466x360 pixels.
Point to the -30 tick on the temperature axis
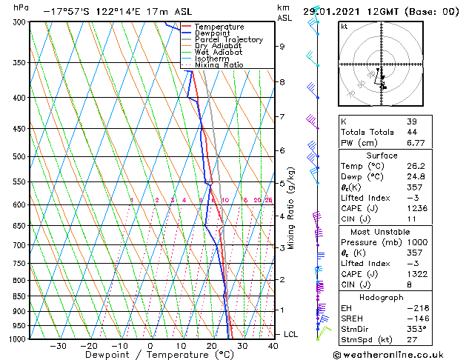coord(58,346)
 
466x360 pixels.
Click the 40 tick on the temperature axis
coord(273,346)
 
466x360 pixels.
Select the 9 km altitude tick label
coord(282,47)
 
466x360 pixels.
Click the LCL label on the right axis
coord(291,334)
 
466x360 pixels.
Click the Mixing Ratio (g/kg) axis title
coord(292,207)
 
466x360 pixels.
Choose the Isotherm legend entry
coord(212,59)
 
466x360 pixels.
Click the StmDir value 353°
coord(417,329)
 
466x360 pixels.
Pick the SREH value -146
coord(417,318)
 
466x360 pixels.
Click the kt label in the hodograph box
coord(344,27)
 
